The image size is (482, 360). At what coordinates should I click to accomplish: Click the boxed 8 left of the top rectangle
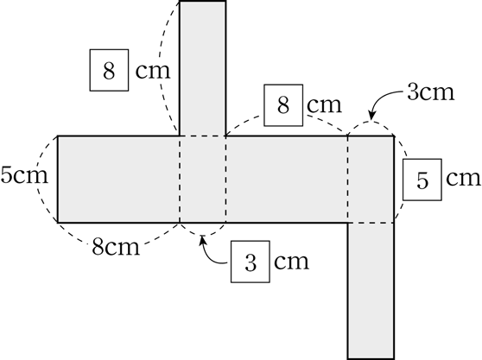pos(109,70)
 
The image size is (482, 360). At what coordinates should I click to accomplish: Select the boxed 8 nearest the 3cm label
pos(283,105)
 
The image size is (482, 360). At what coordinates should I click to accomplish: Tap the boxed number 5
pos(422,180)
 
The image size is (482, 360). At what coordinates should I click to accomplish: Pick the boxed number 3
pos(251,262)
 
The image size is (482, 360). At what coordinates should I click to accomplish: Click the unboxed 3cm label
pos(431,92)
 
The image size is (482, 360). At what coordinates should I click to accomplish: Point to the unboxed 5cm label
pos(24,175)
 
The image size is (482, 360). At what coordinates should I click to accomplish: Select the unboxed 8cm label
pos(116,246)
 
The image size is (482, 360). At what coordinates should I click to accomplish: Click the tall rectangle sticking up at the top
pos(203,68)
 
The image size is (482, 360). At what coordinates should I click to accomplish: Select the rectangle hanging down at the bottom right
pos(371,290)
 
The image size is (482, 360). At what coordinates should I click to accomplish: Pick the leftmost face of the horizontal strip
pos(118,179)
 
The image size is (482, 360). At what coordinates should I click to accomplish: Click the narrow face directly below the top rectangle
pos(203,179)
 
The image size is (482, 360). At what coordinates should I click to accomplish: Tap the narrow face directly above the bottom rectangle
pos(371,179)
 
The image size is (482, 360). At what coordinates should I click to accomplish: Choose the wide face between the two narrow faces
pos(287,179)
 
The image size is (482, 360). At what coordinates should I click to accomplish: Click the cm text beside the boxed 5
pos(463,178)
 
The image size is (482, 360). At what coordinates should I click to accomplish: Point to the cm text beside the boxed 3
pos(291,262)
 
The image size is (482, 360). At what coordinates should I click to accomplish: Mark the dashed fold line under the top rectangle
pos(203,136)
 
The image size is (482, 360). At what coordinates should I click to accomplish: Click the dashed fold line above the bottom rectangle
pos(371,223)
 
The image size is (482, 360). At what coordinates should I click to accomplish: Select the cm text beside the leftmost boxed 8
pos(153,71)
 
